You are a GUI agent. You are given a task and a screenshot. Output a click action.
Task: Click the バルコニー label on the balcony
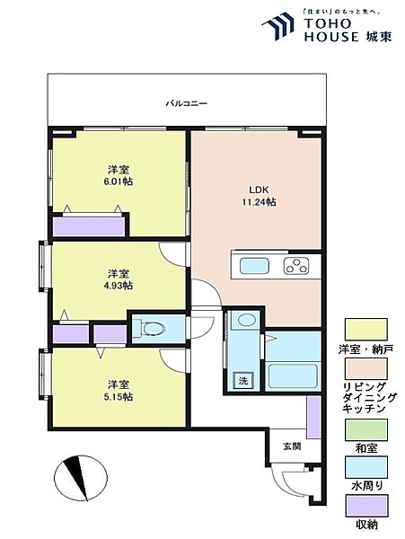186,103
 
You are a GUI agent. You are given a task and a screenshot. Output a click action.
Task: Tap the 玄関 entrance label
292,446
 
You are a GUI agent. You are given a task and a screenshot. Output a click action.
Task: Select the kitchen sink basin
253,265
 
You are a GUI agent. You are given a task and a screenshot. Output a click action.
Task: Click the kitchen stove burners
295,265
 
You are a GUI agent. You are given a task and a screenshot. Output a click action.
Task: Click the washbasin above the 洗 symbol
244,322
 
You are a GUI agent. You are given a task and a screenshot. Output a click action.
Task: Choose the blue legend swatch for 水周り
365,467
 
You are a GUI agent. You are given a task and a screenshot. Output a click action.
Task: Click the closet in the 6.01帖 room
90,224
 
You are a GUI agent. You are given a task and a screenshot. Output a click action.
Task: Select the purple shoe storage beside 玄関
313,417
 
